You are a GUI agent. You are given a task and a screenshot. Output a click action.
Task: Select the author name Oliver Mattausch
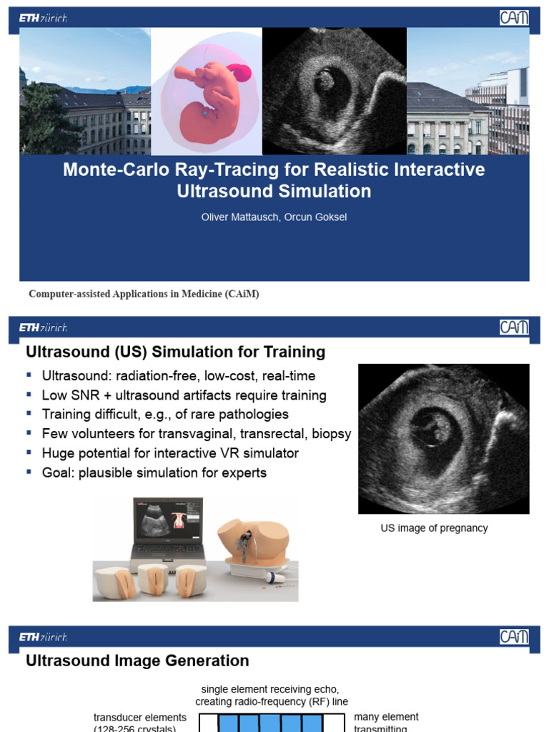(239, 217)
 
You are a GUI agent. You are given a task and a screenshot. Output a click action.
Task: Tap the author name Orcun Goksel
(316, 217)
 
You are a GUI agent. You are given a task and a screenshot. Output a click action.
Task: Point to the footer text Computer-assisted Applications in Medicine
(144, 294)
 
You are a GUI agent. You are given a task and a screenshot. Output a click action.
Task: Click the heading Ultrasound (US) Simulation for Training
(175, 352)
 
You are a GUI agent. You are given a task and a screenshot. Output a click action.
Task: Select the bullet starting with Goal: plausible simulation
(154, 473)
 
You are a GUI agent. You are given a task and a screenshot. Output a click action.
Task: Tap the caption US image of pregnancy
(434, 528)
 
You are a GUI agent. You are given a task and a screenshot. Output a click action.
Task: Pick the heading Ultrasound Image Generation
(137, 661)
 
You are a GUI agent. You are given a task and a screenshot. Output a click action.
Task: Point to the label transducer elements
(140, 718)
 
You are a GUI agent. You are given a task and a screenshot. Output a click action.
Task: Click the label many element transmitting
(386, 718)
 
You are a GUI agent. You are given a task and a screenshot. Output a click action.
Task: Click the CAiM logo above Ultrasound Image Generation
(514, 637)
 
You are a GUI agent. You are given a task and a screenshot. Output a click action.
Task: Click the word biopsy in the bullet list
(332, 434)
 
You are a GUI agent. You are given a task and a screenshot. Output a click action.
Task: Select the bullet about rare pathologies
(165, 415)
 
